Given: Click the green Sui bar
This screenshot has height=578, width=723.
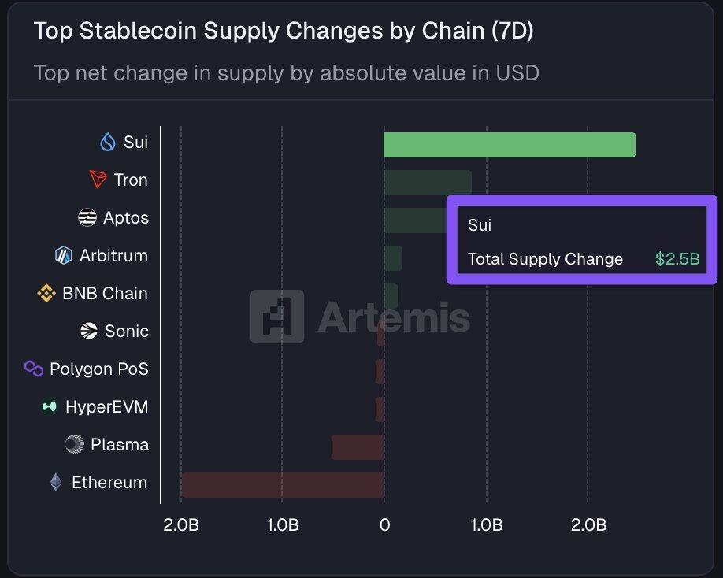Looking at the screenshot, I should tap(509, 145).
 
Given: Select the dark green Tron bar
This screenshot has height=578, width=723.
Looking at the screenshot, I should tap(428, 183).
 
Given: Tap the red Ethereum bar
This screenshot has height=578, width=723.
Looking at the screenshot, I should tap(282, 485).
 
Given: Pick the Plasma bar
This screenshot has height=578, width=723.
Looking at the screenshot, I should tap(358, 447).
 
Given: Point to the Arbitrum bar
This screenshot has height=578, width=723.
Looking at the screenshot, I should tap(393, 258).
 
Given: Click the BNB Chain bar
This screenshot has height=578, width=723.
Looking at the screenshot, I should tap(391, 296).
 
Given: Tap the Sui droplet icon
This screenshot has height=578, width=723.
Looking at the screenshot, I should tap(108, 143).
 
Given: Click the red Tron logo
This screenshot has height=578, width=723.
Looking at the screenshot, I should tap(98, 180).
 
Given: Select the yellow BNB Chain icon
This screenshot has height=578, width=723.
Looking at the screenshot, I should tap(46, 294).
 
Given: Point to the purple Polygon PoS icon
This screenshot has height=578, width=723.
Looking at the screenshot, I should tap(34, 369).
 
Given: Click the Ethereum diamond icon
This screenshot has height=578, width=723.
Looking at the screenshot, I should tap(56, 482).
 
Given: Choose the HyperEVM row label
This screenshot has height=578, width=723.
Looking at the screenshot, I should tap(107, 407).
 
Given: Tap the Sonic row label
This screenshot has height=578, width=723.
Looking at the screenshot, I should tap(126, 332).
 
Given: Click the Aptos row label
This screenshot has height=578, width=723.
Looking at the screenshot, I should tap(125, 218).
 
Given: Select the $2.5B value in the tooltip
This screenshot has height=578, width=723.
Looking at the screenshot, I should tap(677, 259).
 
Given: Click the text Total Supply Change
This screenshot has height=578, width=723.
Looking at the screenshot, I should tap(545, 259).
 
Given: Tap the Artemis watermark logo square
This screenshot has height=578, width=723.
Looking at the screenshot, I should tap(277, 317).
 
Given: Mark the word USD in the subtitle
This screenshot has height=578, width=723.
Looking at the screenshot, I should tap(517, 73).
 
